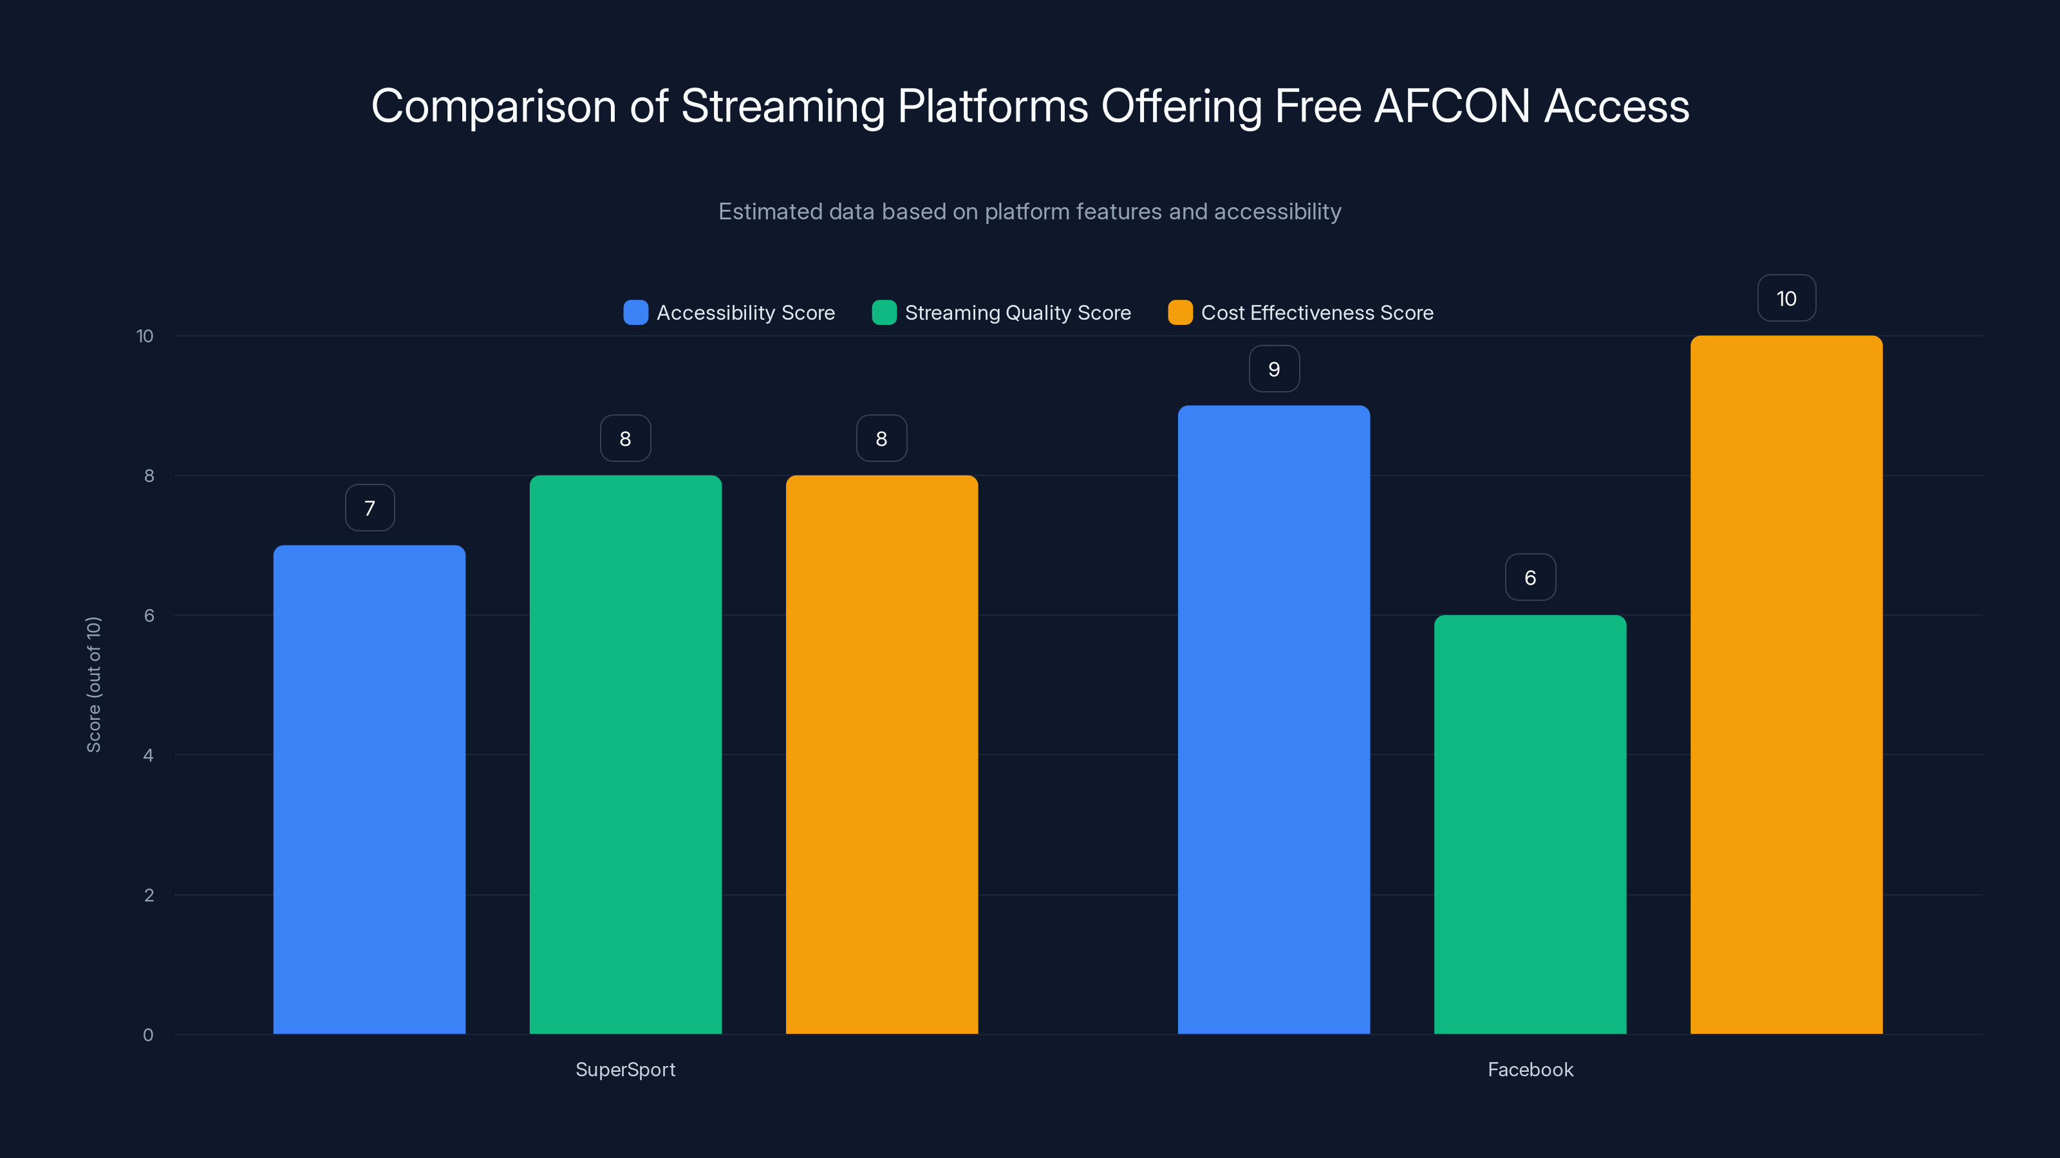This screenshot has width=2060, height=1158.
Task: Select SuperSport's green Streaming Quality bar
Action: (625, 755)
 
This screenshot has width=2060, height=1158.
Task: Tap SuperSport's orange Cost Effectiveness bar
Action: (881, 755)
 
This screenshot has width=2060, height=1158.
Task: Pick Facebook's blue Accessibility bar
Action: (1273, 719)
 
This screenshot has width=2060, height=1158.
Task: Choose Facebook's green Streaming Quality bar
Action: (1530, 824)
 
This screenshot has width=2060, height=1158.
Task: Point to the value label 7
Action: (370, 508)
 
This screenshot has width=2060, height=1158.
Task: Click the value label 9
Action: (1274, 369)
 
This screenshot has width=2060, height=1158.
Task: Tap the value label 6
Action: (1530, 578)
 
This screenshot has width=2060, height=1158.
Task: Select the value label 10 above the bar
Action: (1786, 299)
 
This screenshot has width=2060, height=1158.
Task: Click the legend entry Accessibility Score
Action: (729, 313)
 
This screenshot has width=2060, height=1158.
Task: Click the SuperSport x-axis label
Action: (625, 1069)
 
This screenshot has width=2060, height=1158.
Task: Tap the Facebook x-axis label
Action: (1530, 1069)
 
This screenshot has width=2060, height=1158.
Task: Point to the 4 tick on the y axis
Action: (148, 755)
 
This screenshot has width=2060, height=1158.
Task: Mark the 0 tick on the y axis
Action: (148, 1035)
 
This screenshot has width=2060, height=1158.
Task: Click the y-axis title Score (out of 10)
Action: (93, 684)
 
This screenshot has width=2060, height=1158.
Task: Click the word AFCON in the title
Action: (1452, 106)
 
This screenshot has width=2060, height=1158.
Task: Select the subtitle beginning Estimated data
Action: (1029, 212)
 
